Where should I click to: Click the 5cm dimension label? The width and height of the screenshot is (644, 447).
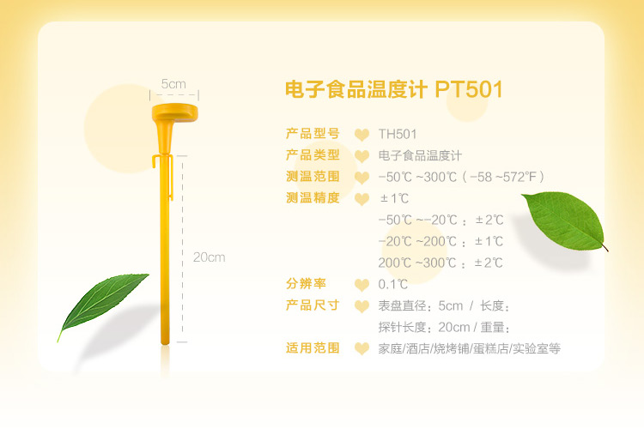pyautogui.click(x=173, y=84)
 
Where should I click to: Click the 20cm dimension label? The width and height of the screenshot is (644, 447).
pyautogui.click(x=209, y=257)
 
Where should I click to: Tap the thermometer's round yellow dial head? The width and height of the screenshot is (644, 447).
pyautogui.click(x=174, y=113)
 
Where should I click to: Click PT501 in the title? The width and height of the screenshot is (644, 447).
pyautogui.click(x=469, y=89)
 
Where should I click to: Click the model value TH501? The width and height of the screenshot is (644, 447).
pyautogui.click(x=398, y=134)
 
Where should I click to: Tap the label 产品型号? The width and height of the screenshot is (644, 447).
pyautogui.click(x=313, y=134)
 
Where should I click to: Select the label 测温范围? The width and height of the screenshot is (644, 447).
pyautogui.click(x=313, y=177)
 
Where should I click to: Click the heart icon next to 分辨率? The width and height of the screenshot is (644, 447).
pyautogui.click(x=361, y=285)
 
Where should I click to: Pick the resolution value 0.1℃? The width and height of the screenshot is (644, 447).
pyautogui.click(x=393, y=284)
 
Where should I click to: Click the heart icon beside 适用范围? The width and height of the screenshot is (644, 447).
pyautogui.click(x=361, y=348)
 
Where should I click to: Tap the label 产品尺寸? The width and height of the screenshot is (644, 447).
pyautogui.click(x=313, y=305)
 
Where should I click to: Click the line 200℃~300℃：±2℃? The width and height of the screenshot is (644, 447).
pyautogui.click(x=440, y=263)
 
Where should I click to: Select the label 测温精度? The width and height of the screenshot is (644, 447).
pyautogui.click(x=313, y=198)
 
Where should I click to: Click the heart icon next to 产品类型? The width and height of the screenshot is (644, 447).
pyautogui.click(x=361, y=156)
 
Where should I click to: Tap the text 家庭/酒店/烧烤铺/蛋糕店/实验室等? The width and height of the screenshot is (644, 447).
pyautogui.click(x=470, y=348)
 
